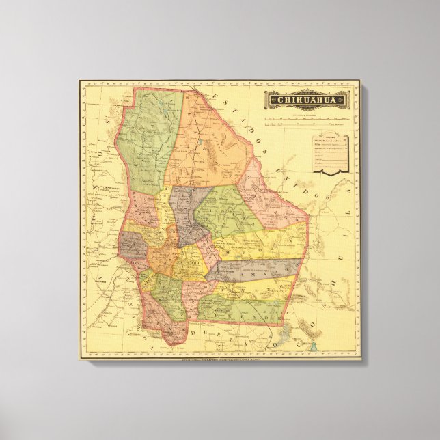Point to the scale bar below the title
pyautogui.click(x=306, y=121)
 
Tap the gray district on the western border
pyautogui.click(x=131, y=245)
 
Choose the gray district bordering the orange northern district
pyautogui.click(x=186, y=212)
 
